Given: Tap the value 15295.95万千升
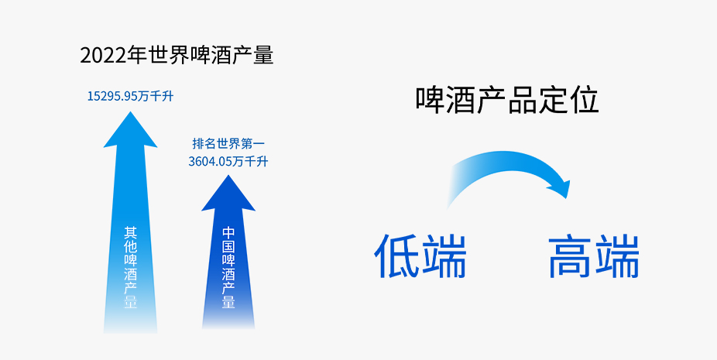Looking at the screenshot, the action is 130,97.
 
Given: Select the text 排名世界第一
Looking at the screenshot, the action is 228,144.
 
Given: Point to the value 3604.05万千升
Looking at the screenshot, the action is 228,162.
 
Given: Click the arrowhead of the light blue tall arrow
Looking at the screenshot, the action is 130,129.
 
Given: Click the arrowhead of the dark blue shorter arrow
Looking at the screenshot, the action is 228,193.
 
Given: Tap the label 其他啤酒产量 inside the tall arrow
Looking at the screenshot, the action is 130,267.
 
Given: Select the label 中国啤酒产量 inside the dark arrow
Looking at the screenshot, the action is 228,267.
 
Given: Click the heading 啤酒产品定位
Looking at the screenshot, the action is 507,100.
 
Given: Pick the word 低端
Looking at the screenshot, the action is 420,256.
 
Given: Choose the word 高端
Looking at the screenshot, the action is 594,256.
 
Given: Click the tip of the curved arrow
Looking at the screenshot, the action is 566,198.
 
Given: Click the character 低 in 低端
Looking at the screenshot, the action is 397,256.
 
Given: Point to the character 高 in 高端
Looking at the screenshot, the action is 571,256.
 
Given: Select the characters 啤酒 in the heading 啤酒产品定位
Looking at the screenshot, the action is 446,100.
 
